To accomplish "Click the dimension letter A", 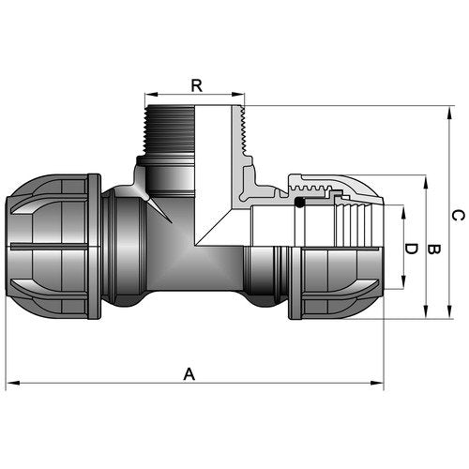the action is [189, 374].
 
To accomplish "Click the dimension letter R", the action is [197, 85].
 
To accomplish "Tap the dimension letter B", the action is [433, 250].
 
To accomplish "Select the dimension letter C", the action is [458, 216].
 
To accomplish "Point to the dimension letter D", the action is [411, 249].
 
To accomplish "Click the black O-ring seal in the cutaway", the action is [299, 203].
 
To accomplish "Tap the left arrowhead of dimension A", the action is [13, 383].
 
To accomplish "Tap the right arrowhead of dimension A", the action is [377, 383].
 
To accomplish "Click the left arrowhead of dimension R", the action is [151, 95].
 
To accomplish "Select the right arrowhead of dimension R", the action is [238, 95].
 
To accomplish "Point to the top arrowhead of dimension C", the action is [449, 113].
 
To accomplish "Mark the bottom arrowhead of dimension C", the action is [449, 312].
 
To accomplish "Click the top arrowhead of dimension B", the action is [426, 182].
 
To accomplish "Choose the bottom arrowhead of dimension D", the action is [403, 282].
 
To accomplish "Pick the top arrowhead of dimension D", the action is [403, 212].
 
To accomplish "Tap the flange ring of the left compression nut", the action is [94, 247].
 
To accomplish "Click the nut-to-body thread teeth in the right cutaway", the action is [310, 189].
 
